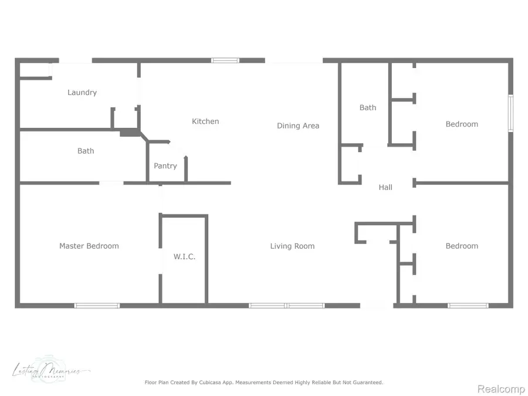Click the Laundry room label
tap(82, 93)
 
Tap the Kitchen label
tap(205, 121)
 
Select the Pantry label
tap(165, 166)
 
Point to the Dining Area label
tap(298, 126)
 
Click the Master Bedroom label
tap(89, 246)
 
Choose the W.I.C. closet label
tap(184, 257)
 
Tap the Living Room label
tap(292, 246)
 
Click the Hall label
tap(385, 188)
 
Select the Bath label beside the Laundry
tap(86, 151)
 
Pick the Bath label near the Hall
tap(368, 108)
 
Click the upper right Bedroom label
tap(462, 124)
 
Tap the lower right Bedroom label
tap(462, 246)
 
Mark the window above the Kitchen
tap(225, 60)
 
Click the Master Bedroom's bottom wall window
tap(97, 306)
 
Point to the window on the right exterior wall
tap(510, 113)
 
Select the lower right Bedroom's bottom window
tap(468, 306)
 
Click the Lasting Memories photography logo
tap(50, 371)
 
